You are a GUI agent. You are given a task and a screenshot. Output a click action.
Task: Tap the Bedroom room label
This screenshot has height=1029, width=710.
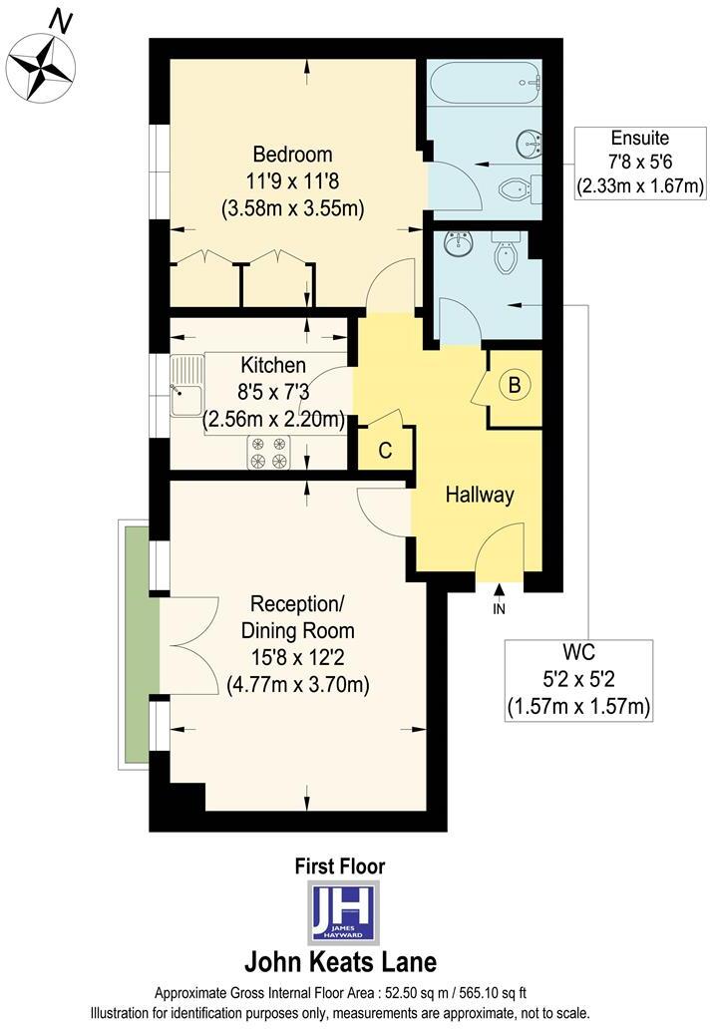[292, 156]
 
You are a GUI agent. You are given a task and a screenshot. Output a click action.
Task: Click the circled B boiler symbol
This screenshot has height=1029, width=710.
[515, 386]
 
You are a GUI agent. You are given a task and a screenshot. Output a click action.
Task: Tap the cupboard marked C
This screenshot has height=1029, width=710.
[383, 450]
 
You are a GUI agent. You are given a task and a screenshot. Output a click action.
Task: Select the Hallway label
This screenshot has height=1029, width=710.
[479, 495]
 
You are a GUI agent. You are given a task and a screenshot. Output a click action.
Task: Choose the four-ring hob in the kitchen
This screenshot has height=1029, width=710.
[268, 453]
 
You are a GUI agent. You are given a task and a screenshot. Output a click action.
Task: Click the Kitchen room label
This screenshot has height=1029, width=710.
[272, 365]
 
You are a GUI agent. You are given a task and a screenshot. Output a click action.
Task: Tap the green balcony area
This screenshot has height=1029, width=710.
[140, 644]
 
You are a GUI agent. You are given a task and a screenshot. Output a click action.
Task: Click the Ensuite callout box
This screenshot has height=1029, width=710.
[640, 162]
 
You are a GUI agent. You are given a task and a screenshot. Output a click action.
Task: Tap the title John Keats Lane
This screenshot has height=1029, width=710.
[340, 963]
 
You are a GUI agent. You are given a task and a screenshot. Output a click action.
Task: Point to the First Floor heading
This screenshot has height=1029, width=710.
[340, 867]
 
